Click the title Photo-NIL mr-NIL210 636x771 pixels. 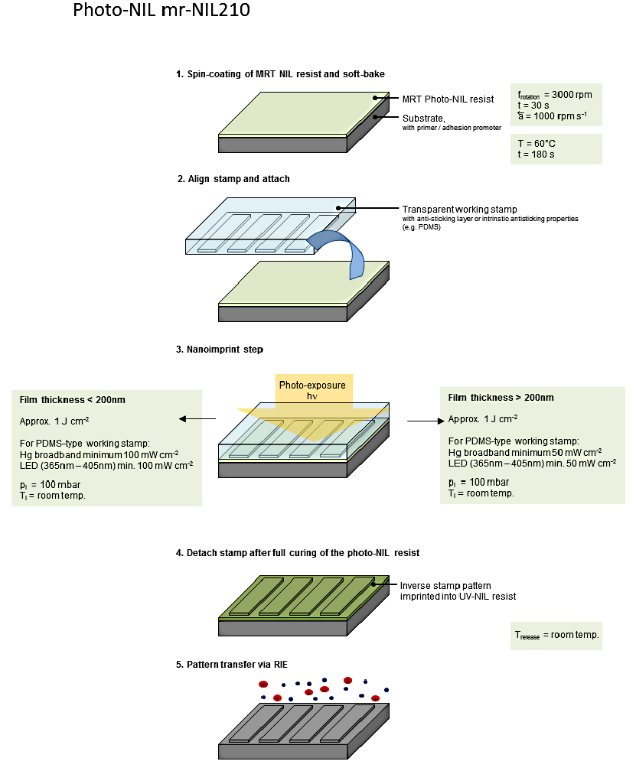[x=161, y=11]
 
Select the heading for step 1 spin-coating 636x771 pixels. [x=279, y=74]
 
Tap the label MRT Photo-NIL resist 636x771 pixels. [x=448, y=99]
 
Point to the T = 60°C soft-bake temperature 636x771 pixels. [x=536, y=143]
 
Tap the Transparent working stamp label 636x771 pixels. [x=458, y=209]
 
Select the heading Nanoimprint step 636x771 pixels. [x=220, y=350]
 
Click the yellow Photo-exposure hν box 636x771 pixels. [x=311, y=390]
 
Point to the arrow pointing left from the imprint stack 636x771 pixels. [x=196, y=419]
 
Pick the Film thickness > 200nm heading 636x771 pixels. [x=501, y=398]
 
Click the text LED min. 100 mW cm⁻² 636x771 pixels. [x=106, y=464]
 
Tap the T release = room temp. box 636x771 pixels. [x=556, y=634]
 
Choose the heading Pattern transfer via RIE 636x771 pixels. [x=232, y=665]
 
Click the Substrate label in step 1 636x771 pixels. [x=423, y=118]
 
